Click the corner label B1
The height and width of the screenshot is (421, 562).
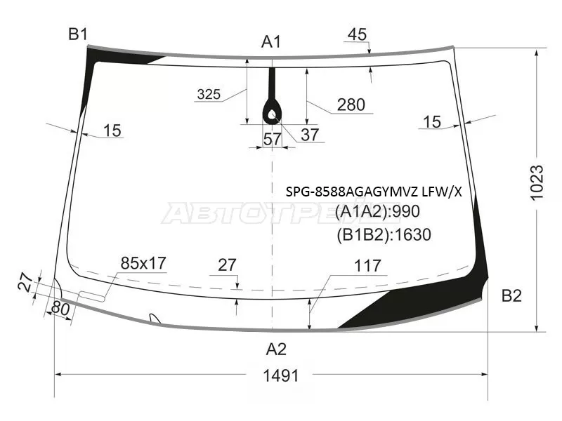click(78, 34)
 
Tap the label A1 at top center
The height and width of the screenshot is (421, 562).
click(271, 42)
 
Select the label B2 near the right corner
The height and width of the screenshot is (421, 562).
click(511, 296)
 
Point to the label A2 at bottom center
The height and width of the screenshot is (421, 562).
click(276, 349)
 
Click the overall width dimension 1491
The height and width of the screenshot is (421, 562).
click(280, 376)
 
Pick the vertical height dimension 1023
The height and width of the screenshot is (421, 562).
click(537, 182)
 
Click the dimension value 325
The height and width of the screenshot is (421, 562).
click(209, 95)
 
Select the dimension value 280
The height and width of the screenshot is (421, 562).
click(351, 105)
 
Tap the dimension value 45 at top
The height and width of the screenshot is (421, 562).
click(357, 34)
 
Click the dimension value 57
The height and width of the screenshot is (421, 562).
click(273, 139)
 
